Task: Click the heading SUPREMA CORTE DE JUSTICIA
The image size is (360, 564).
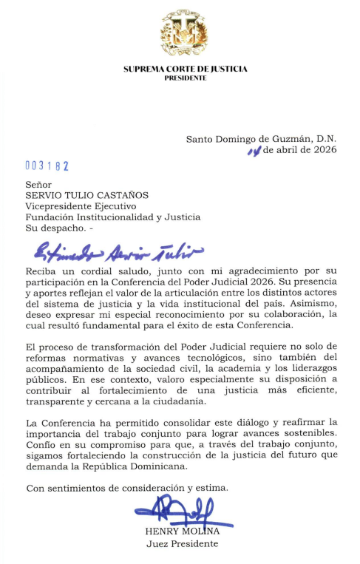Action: (185, 69)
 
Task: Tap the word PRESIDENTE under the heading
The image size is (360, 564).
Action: (185, 77)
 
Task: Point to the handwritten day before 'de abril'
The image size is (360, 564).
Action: (254, 150)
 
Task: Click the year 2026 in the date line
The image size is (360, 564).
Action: (323, 149)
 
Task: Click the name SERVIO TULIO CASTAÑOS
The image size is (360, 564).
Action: (87, 195)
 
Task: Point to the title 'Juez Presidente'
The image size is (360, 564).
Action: (183, 544)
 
